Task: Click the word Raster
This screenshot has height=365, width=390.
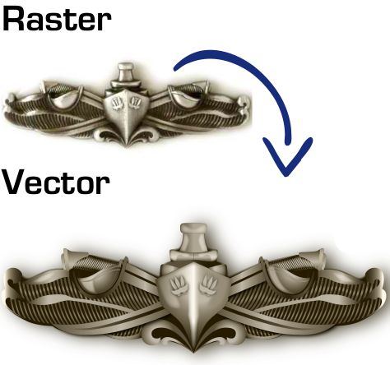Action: pos(57,18)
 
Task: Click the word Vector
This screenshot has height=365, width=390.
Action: pos(56,182)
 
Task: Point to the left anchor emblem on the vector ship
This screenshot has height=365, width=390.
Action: pos(179,285)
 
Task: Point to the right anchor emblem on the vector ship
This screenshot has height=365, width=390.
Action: pos(209,285)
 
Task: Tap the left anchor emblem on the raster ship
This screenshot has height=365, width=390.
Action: pos(116,103)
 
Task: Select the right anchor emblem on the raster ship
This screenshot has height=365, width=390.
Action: pos(135,103)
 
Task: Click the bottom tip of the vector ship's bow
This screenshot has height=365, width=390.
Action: pos(193,352)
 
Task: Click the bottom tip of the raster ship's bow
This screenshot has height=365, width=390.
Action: pos(127,146)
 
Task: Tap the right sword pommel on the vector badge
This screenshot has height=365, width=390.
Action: pos(317,258)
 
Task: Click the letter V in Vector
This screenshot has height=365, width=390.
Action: pos(13,182)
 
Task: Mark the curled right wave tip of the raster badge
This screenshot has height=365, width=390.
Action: pos(244,105)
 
